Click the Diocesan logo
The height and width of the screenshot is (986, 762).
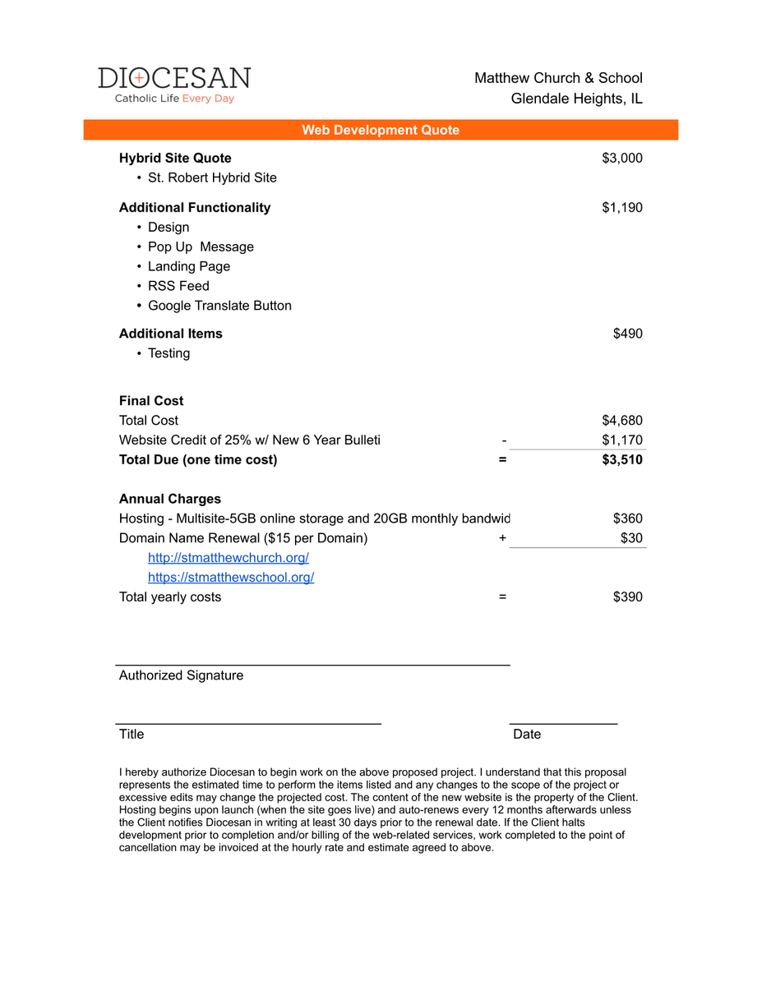coord(174,85)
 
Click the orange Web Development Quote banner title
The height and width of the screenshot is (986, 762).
coord(381,130)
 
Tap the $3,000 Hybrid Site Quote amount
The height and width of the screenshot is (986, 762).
coord(622,158)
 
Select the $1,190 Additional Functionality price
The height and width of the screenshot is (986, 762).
coord(622,207)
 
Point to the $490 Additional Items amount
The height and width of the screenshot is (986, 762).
coord(628,334)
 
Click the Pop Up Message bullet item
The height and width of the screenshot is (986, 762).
coord(201,246)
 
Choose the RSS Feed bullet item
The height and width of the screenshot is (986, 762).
coord(178,286)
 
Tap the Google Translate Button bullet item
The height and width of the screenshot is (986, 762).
coord(219,306)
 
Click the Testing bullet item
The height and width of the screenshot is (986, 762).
coord(169,353)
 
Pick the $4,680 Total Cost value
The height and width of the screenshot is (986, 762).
coord(622,421)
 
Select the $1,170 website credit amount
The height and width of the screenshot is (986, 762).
coord(622,440)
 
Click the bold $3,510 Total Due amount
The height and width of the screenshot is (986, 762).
coord(622,459)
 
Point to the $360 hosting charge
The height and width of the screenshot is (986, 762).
coord(628,518)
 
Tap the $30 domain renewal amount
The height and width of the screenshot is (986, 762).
coord(631,538)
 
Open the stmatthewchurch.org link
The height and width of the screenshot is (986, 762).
coord(229,558)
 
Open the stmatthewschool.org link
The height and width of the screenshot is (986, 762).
coord(231,578)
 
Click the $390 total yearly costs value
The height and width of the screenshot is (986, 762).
coord(628,597)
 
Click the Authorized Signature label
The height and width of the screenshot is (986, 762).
coord(181,675)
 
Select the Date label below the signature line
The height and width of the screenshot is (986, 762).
coord(527,735)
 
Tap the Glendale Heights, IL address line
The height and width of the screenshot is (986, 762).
coord(576,99)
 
